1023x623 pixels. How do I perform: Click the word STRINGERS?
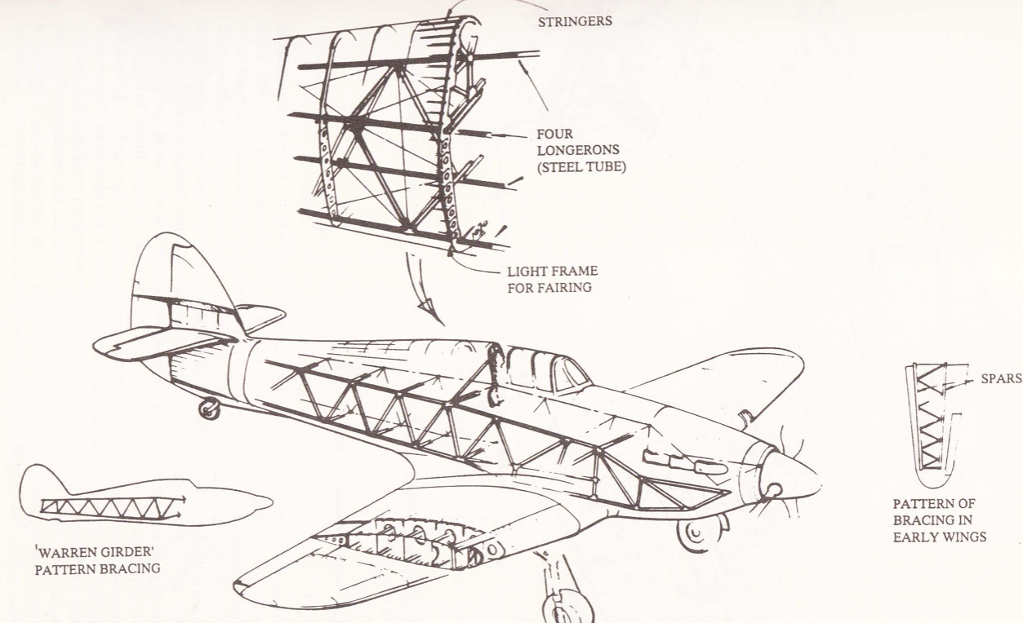pos(575,22)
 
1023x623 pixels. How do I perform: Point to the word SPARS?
pos(999,378)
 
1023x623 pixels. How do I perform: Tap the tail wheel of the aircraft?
pos(209,409)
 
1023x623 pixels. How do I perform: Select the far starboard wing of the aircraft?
pos(718,375)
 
